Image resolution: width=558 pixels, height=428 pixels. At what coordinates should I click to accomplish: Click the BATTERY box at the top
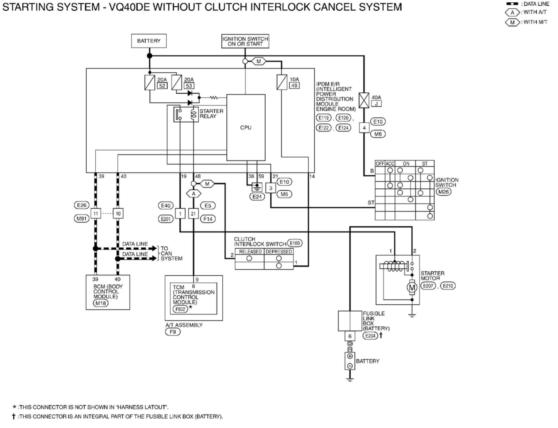149,41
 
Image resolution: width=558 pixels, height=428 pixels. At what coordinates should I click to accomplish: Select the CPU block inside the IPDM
246,127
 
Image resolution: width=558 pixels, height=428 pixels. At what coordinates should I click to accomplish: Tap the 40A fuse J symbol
364,100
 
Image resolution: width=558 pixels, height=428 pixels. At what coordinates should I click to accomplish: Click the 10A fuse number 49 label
294,86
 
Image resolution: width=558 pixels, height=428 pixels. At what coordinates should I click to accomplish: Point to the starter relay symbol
186,114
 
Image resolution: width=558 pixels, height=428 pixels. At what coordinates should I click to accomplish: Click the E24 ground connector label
257,196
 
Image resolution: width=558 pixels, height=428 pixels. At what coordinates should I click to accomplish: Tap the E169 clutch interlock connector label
294,243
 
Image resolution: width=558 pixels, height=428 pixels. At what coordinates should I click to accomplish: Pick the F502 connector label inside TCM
180,309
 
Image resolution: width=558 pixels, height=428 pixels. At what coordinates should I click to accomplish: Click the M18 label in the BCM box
101,303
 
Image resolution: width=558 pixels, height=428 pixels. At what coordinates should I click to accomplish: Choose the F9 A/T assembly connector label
173,332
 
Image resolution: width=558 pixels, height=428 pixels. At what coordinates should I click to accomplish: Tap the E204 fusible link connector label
370,336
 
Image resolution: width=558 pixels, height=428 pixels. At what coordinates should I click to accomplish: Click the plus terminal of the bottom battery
350,356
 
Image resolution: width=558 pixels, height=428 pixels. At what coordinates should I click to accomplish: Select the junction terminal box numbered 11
96,213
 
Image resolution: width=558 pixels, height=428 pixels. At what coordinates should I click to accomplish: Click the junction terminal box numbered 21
193,213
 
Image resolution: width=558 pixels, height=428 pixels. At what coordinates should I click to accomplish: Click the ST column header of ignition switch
425,164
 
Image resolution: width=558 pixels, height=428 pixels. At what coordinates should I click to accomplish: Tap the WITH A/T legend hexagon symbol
513,12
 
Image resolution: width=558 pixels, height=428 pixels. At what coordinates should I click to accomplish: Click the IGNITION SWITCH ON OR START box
245,41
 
